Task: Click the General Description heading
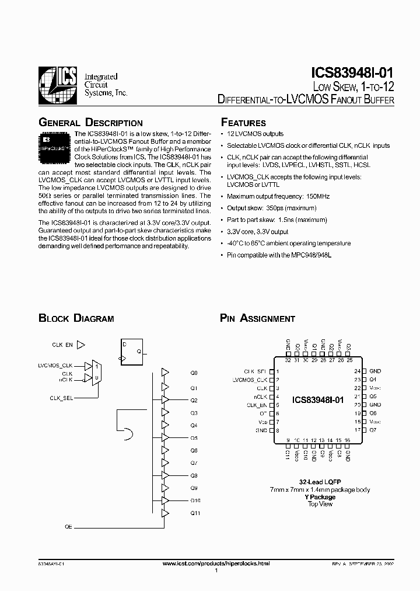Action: (90, 123)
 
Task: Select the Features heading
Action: (243, 123)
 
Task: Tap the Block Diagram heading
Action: (76, 318)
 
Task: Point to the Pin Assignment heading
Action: (257, 318)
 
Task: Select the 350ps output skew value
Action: (271, 208)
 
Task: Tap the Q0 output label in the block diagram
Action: (194, 373)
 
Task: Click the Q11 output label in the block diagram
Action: (195, 513)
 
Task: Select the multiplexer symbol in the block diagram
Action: (97, 371)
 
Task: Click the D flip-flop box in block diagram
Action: (132, 352)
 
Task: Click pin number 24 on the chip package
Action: (357, 371)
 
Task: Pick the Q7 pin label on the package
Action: (373, 429)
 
